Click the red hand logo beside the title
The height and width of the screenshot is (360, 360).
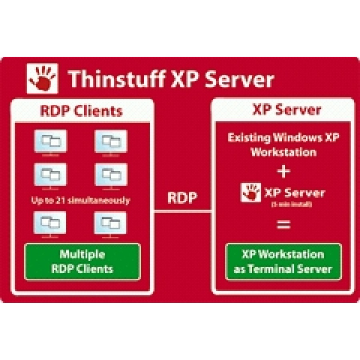[42, 78]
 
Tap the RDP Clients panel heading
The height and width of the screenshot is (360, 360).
[81, 110]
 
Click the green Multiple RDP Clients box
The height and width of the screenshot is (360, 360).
[82, 261]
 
